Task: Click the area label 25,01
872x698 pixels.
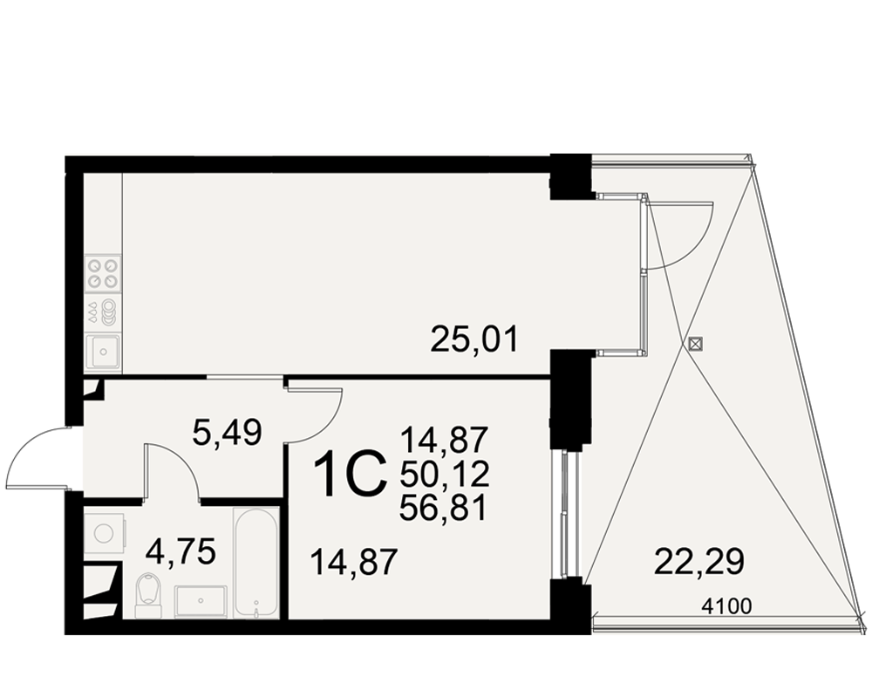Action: point(474,339)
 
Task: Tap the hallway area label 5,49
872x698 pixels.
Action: point(227,433)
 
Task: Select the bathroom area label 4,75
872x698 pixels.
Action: point(181,552)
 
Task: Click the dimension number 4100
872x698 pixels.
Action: point(727,606)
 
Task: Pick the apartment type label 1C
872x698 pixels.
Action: point(351,474)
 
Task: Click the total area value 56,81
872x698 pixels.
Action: point(444,508)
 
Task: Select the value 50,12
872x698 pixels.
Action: point(444,474)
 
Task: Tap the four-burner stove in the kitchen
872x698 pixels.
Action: point(103,273)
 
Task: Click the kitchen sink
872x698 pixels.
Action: point(103,352)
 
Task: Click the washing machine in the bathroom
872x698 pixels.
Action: point(105,533)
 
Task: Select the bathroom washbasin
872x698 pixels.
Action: point(201,601)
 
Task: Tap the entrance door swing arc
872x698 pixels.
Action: point(23,445)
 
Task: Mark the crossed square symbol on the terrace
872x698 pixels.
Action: point(695,344)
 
